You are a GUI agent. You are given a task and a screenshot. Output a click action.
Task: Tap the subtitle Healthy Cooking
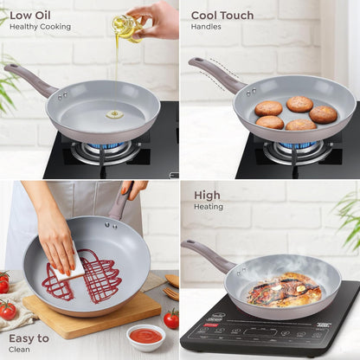click(x=40, y=27)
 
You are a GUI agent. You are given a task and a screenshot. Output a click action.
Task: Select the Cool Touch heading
click(x=222, y=15)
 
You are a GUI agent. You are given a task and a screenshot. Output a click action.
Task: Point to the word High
click(x=207, y=195)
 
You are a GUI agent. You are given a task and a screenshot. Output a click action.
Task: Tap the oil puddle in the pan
click(x=114, y=113)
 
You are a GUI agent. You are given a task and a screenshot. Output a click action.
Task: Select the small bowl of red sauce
click(x=145, y=336)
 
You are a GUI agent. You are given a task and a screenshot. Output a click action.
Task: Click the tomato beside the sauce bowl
click(x=171, y=318)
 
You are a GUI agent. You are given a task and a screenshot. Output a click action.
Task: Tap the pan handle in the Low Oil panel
click(x=29, y=79)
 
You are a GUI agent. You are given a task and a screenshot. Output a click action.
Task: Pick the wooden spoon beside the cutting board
click(x=172, y=286)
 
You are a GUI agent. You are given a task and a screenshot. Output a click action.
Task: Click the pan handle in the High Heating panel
click(x=207, y=256)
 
